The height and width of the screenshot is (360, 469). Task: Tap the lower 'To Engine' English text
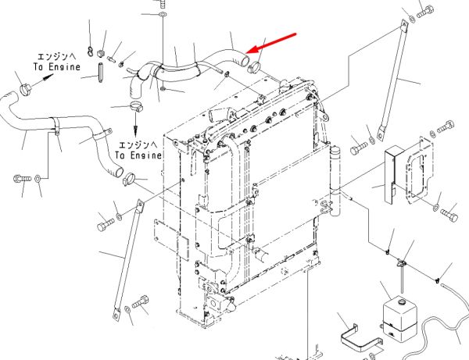click(138, 155)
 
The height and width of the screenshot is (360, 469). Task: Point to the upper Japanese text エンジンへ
click(56, 56)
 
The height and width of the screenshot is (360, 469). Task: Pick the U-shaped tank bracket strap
click(360, 339)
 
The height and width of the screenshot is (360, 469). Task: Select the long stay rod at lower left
click(127, 260)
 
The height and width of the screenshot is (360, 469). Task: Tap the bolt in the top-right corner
click(425, 12)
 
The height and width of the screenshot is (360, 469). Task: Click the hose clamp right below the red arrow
click(254, 67)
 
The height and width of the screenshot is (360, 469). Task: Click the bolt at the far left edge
click(22, 179)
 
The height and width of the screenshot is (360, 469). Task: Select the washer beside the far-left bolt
click(38, 179)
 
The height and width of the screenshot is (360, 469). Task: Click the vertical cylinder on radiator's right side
click(335, 181)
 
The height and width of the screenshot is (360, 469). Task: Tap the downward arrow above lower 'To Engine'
click(135, 123)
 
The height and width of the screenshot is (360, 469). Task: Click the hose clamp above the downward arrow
click(136, 106)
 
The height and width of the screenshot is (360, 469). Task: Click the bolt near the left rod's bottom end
click(141, 302)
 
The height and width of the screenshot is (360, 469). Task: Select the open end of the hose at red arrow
click(245, 61)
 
